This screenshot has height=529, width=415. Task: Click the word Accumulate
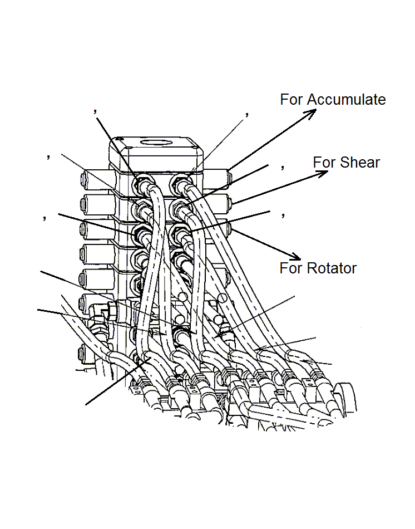tap(347, 100)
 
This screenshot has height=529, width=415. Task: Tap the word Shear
tap(360, 163)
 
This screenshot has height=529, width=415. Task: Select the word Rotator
tap(332, 268)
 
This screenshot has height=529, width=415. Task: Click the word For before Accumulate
tap(292, 100)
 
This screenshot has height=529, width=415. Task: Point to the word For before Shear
tap(324, 163)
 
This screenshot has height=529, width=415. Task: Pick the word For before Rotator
tap(291, 268)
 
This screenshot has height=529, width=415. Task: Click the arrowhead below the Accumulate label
tap(311, 112)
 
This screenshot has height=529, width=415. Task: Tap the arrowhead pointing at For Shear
tap(322, 173)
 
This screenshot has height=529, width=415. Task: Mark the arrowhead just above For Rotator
tap(295, 256)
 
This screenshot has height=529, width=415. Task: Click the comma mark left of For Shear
tap(283, 166)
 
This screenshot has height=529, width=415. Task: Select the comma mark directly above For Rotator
tap(283, 214)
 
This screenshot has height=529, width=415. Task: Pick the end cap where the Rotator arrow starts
tap(230, 227)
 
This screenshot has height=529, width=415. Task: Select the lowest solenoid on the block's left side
tap(90, 353)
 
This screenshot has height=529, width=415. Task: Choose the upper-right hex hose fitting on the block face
tap(179, 183)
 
